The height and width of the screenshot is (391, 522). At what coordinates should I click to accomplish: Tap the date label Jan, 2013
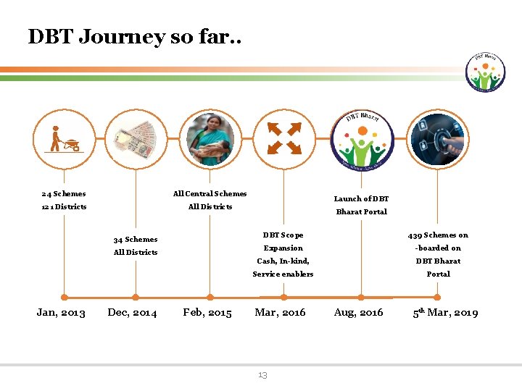point(61,313)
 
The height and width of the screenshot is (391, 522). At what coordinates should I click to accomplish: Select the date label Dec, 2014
point(132,313)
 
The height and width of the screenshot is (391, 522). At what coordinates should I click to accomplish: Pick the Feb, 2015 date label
point(207,313)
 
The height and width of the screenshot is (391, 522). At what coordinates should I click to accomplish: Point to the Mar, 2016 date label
point(280,313)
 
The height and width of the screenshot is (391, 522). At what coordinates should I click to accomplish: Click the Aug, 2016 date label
point(358,313)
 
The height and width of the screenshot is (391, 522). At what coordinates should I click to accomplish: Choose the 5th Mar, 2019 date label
point(445,313)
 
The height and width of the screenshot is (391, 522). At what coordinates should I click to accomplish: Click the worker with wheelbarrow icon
point(64,138)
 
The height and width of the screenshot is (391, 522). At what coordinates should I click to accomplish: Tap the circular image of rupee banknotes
point(136,138)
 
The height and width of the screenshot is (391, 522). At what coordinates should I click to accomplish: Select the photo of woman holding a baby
point(210,138)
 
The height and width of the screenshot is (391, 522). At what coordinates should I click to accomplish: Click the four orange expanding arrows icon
point(284,138)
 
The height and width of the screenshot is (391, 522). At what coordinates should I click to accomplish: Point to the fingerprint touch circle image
point(438,138)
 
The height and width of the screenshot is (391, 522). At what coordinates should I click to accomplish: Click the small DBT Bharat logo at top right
point(486,72)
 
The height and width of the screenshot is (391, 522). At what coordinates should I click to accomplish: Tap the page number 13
point(262,374)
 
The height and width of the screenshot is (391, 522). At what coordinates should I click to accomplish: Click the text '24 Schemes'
point(64,193)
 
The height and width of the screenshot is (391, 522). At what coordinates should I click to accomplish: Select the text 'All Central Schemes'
point(210,193)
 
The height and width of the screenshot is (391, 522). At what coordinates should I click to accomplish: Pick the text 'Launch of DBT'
point(361,198)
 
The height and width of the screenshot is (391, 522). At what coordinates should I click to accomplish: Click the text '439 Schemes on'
point(438,235)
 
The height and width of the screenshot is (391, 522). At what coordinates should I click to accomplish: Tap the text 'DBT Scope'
point(283,235)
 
